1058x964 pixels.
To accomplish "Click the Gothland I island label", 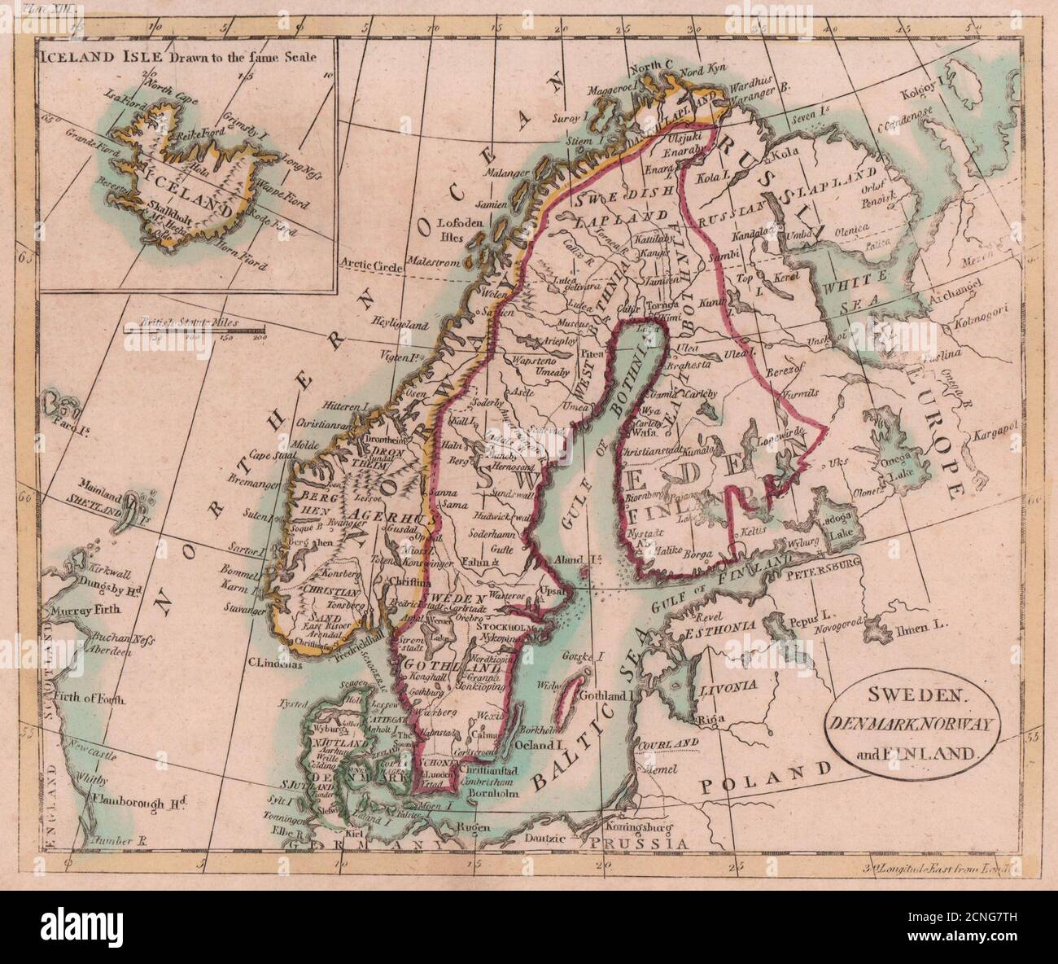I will coord(603,695).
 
